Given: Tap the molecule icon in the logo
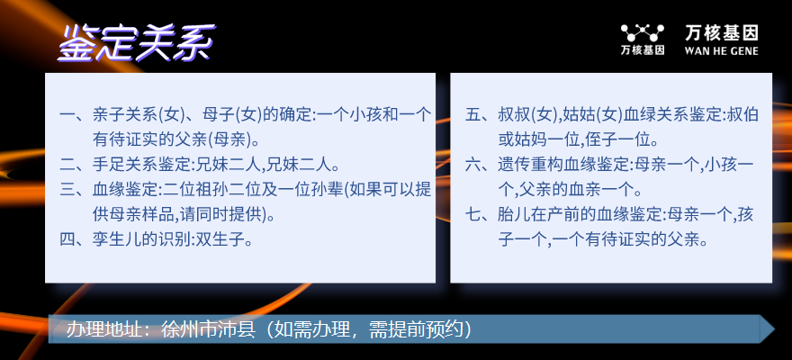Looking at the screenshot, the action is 642,33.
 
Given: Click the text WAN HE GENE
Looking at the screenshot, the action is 721,50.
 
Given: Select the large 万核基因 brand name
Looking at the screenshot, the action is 721,33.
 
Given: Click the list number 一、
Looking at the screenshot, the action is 76,114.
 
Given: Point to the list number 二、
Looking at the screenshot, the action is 76,164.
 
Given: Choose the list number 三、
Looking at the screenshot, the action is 76,189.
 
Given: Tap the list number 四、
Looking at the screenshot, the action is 76,238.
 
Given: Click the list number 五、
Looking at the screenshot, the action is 481,114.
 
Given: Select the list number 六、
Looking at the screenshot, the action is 481,164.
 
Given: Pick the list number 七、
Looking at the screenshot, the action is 481,213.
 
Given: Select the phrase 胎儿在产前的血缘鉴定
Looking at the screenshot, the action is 580,213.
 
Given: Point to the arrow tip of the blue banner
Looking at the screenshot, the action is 774,329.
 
